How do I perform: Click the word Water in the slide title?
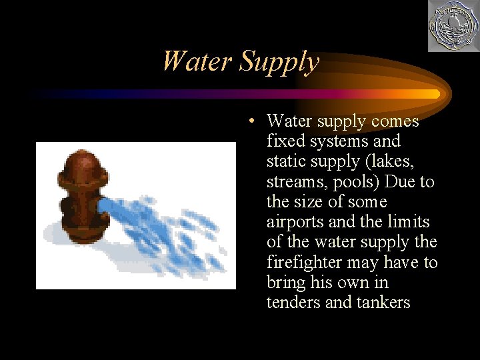(x=197, y=61)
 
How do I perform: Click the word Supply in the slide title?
(x=279, y=63)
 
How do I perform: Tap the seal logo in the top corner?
(x=453, y=27)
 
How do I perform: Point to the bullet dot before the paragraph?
(x=248, y=122)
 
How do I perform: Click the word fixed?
(x=283, y=141)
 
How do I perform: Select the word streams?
(x=293, y=182)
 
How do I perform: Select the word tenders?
(x=292, y=303)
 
